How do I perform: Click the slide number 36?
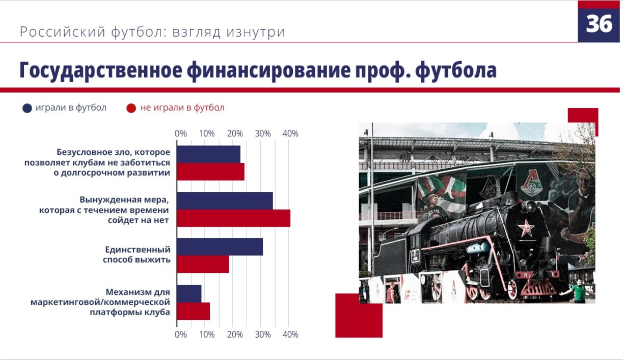tap(599, 24)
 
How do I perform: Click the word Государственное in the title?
tap(101, 71)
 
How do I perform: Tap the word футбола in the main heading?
tap(456, 71)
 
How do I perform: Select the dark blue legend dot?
tap(27, 108)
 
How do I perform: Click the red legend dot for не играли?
tap(131, 108)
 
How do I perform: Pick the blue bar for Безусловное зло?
tap(208, 154)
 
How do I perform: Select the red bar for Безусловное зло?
tap(210, 172)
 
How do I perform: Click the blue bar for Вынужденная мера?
tap(225, 201)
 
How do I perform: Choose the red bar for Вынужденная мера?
tap(234, 218)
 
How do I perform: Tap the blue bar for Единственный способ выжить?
tap(220, 246)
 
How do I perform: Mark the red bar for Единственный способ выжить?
tap(203, 264)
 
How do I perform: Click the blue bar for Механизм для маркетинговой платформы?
tap(189, 294)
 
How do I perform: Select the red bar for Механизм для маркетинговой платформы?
tap(193, 311)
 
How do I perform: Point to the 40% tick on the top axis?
tap(290, 134)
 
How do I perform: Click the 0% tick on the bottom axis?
tap(180, 335)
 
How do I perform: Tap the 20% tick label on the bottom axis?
tap(235, 335)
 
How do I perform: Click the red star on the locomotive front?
tap(526, 228)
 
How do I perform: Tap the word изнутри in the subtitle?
tap(256, 32)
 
